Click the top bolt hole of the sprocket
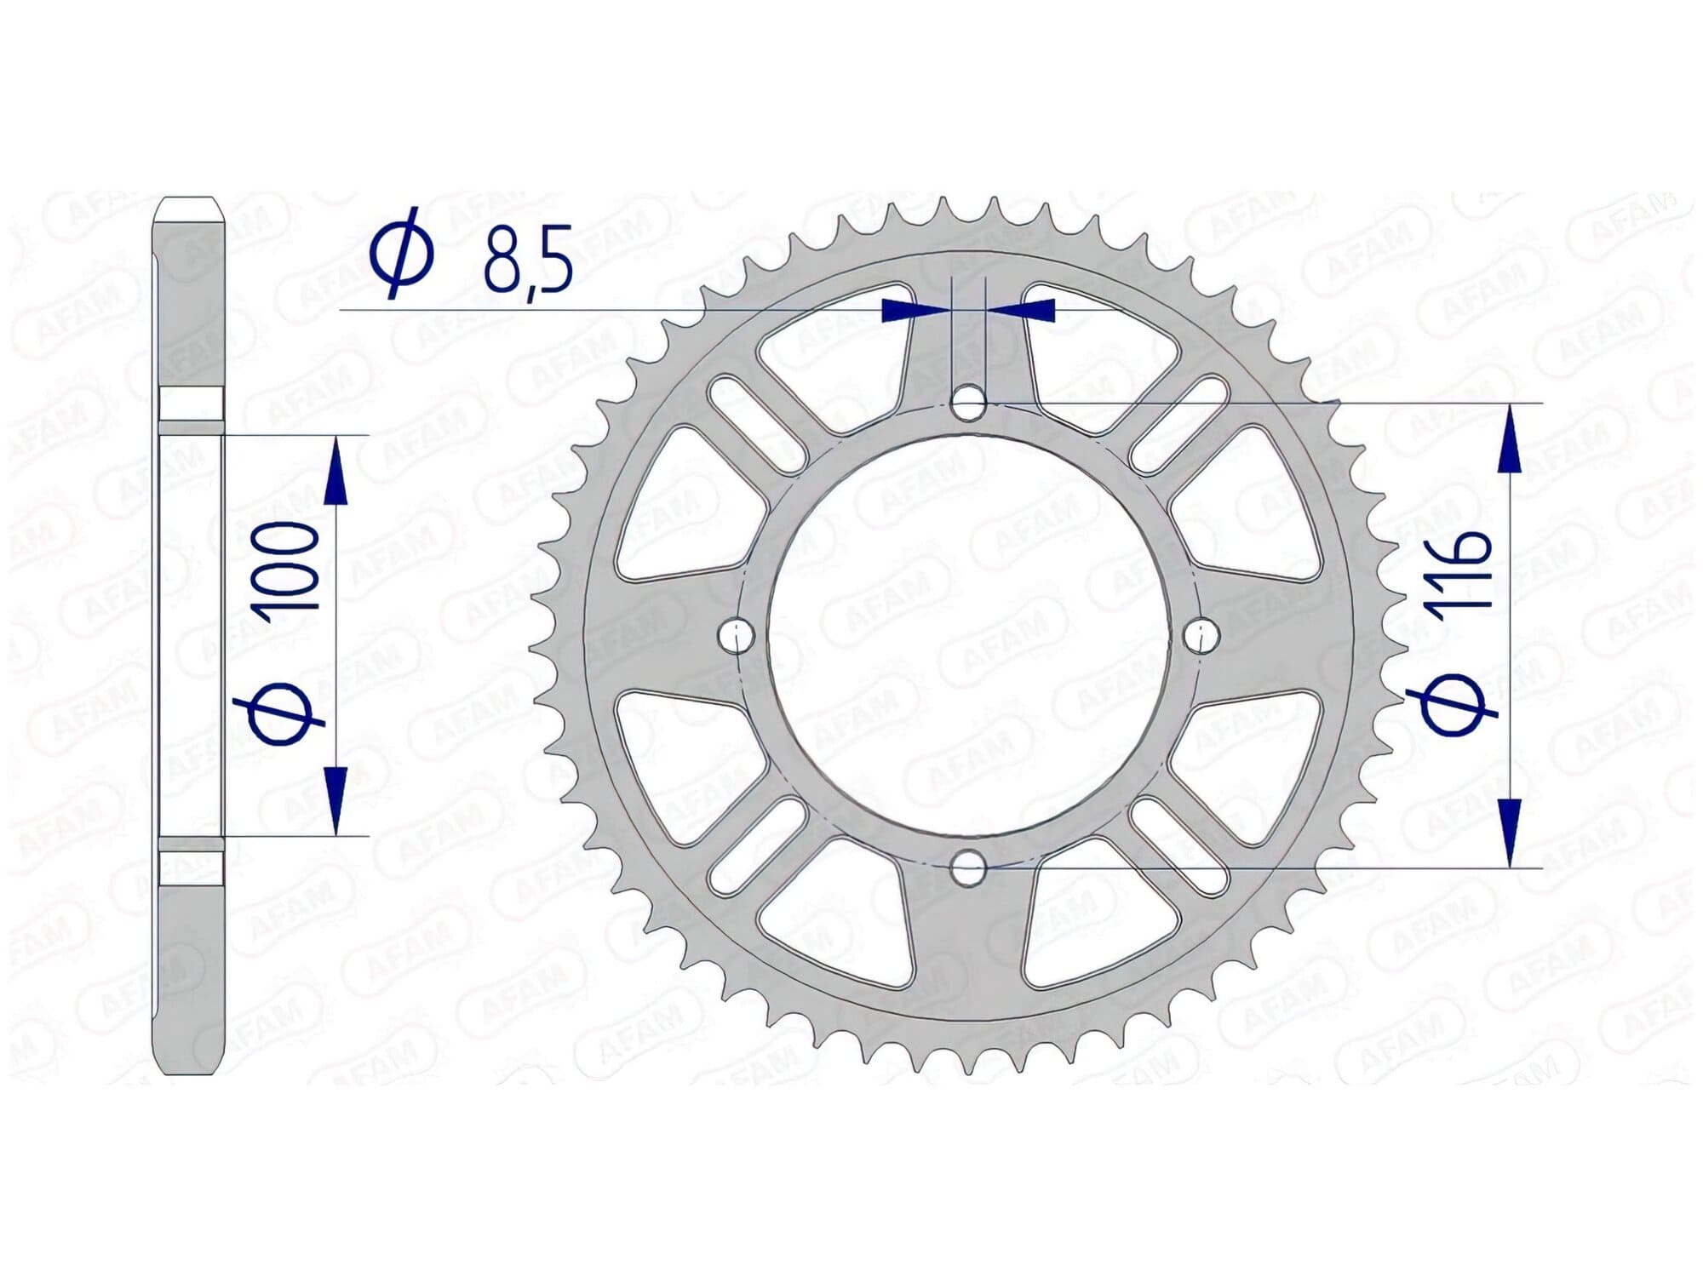(x=968, y=403)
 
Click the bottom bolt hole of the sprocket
(x=968, y=868)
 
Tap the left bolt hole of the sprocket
(x=736, y=634)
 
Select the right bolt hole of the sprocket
(x=1201, y=634)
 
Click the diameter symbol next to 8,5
(x=400, y=253)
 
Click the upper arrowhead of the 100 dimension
(x=337, y=472)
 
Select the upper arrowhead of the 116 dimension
(x=1510, y=439)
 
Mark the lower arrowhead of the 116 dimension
(x=1510, y=832)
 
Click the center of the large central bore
(x=968, y=634)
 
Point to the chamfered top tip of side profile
(x=189, y=207)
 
